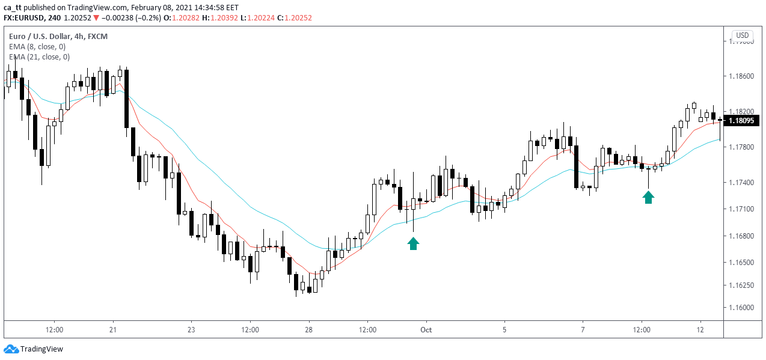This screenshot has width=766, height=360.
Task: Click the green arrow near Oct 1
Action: coord(413,243)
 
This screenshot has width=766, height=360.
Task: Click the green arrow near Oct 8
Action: coord(648,197)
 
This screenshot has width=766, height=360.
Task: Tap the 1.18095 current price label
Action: coord(742,121)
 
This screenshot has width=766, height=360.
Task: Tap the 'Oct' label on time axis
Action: coord(426,329)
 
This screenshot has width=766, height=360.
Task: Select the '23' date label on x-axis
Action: coord(191,329)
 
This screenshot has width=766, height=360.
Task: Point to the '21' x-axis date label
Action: coord(113,329)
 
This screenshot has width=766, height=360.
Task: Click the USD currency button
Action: coord(743,35)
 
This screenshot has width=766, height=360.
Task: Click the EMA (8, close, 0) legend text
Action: coord(37,46)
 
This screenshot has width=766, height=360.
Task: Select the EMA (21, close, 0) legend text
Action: coord(39,57)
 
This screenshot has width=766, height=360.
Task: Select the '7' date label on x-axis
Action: coord(583,329)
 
